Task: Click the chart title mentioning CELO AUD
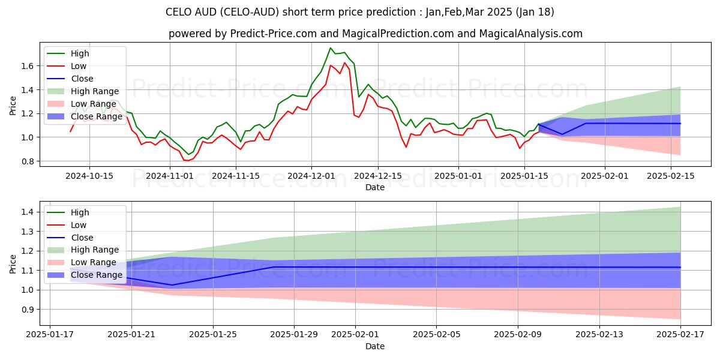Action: (359, 12)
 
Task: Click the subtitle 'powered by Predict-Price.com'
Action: (375, 34)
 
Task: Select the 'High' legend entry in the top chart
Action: (80, 53)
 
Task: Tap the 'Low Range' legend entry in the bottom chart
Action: (94, 262)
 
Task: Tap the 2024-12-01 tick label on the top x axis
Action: (311, 176)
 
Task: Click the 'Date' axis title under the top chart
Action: (375, 187)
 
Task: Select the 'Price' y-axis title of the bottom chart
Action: (13, 264)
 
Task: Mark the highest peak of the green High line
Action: (331, 48)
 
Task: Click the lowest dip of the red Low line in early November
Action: (187, 160)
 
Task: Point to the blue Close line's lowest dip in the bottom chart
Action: (172, 285)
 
